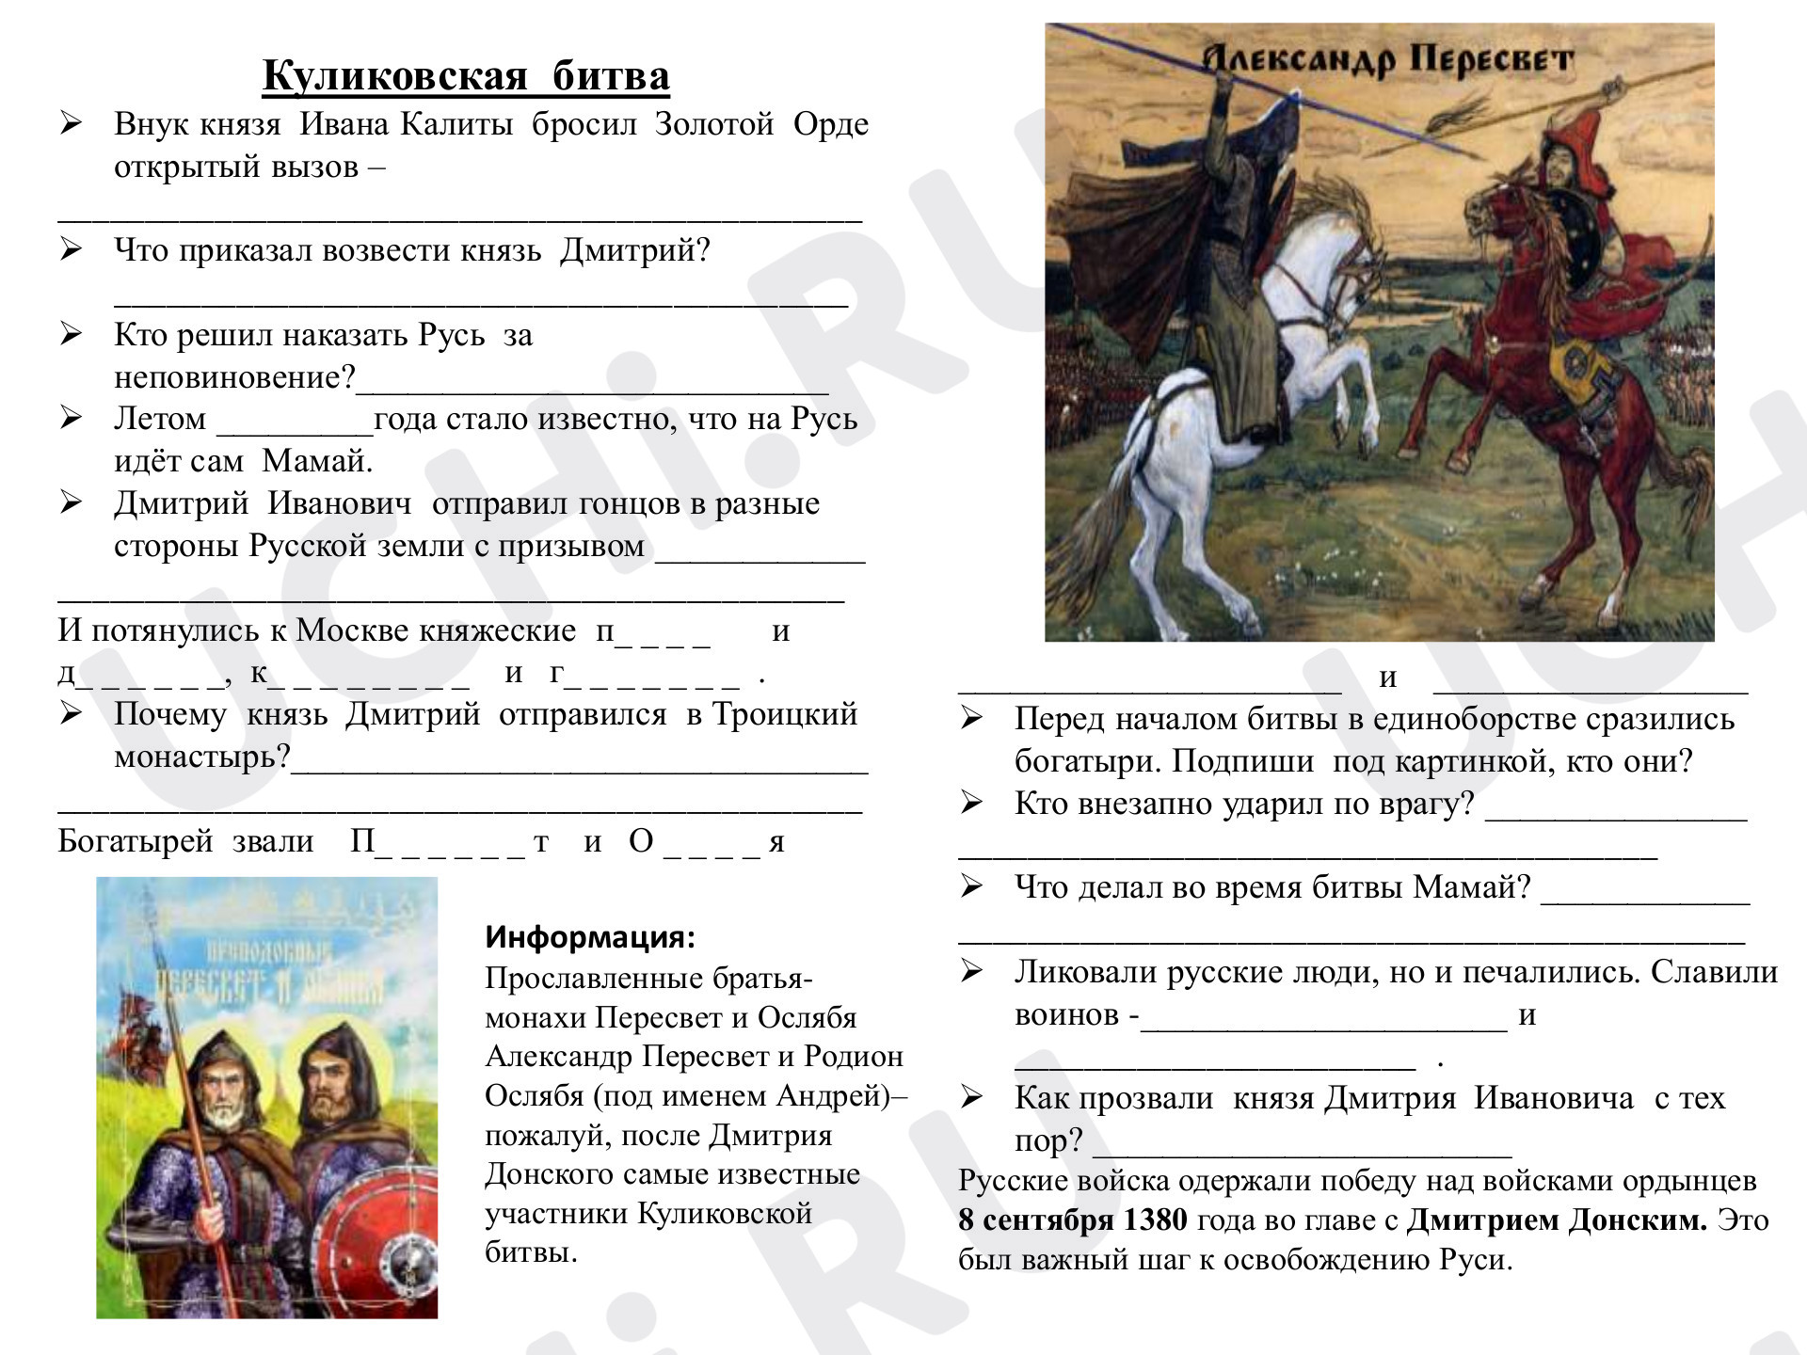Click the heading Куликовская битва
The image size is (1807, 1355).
pyautogui.click(x=466, y=75)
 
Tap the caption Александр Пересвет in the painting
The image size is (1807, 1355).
pyautogui.click(x=1388, y=60)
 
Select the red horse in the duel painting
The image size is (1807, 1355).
pyautogui.click(x=1543, y=376)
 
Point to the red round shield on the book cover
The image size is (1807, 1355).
pyautogui.click(x=376, y=1242)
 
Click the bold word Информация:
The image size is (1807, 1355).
pyautogui.click(x=590, y=937)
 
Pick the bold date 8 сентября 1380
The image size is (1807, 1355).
pyautogui.click(x=1073, y=1220)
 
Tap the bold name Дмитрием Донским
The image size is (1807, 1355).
pyautogui.click(x=1557, y=1220)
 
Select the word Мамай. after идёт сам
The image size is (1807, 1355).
pyautogui.click(x=317, y=461)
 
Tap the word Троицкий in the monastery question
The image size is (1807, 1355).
pyautogui.click(x=785, y=714)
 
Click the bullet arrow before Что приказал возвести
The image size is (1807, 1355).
pyautogui.click(x=72, y=249)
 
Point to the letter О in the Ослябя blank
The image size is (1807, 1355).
pyautogui.click(x=641, y=841)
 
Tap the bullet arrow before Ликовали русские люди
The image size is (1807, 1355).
pyautogui.click(x=972, y=970)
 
